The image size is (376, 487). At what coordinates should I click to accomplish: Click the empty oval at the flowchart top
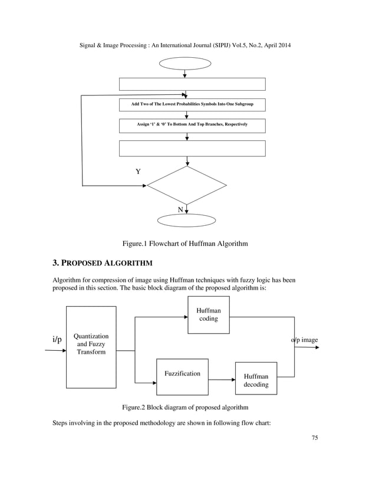pyautogui.click(x=185, y=64)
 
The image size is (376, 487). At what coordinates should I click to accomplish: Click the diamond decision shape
pyautogui.click(x=186, y=185)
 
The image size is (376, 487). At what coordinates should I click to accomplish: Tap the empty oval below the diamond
pyautogui.click(x=187, y=220)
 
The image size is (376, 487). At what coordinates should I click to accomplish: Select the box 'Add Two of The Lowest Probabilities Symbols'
pyautogui.click(x=192, y=105)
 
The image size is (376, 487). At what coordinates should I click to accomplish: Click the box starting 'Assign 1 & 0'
pyautogui.click(x=192, y=125)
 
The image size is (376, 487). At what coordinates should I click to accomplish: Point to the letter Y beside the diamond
pyautogui.click(x=138, y=172)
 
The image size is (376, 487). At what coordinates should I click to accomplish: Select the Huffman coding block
pyautogui.click(x=208, y=315)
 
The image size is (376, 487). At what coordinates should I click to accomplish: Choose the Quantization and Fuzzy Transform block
pyautogui.click(x=91, y=347)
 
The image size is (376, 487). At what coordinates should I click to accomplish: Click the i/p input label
pyautogui.click(x=57, y=340)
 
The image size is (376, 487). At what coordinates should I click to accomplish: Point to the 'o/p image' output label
pyautogui.click(x=304, y=340)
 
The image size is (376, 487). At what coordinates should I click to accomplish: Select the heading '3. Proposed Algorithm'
pyautogui.click(x=103, y=262)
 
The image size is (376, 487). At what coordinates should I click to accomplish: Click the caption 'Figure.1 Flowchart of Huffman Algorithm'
pyautogui.click(x=184, y=243)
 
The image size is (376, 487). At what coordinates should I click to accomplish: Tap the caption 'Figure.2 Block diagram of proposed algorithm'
pyautogui.click(x=184, y=407)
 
